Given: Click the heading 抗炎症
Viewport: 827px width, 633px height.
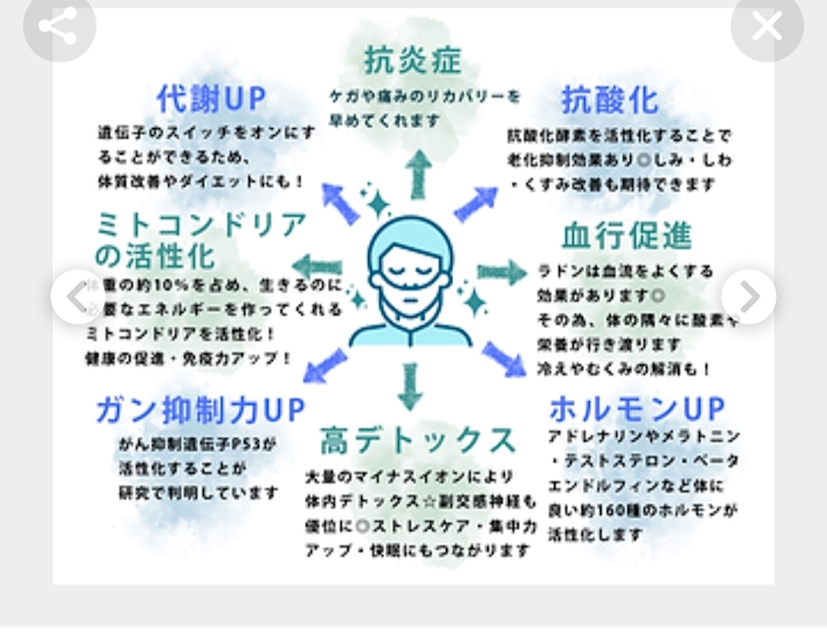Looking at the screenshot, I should pos(413,60).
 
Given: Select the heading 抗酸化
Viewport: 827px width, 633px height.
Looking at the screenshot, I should pos(609,99).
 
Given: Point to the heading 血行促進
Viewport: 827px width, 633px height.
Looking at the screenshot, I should pos(626,235).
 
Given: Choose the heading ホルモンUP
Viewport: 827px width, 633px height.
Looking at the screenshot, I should pos(636,408).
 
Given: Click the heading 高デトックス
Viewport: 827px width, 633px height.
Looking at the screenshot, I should pos(416,439).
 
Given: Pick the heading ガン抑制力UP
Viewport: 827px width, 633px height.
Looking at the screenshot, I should pos(200,410).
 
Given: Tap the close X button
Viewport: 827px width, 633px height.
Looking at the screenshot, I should pos(767,27).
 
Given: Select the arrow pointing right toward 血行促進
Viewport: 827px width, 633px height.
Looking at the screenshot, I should pos(502,273).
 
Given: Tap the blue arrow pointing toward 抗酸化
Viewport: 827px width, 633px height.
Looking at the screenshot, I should pos(477,204).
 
